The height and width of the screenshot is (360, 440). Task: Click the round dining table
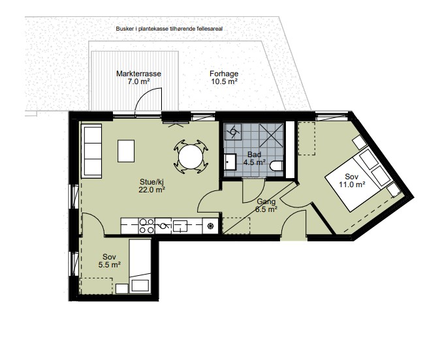191,157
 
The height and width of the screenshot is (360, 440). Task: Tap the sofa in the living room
91,151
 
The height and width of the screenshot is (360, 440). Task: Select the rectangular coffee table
126,151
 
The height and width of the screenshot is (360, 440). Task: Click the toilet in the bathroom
276,166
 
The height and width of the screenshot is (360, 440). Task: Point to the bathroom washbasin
230,162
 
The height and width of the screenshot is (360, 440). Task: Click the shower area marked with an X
271,136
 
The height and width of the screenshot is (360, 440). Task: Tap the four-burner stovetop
147,226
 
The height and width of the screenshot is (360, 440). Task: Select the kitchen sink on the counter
180,226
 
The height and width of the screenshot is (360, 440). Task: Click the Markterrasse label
138,74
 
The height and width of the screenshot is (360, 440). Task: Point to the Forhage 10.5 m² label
224,78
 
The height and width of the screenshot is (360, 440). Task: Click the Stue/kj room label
151,181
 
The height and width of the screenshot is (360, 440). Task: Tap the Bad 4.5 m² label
254,158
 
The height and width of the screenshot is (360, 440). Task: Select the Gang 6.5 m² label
266,205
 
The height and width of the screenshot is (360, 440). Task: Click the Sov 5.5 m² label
110,260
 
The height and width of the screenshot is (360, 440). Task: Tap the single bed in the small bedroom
140,265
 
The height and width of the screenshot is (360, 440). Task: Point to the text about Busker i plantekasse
169,29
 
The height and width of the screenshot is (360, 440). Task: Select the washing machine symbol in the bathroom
232,132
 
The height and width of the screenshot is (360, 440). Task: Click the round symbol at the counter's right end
210,226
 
